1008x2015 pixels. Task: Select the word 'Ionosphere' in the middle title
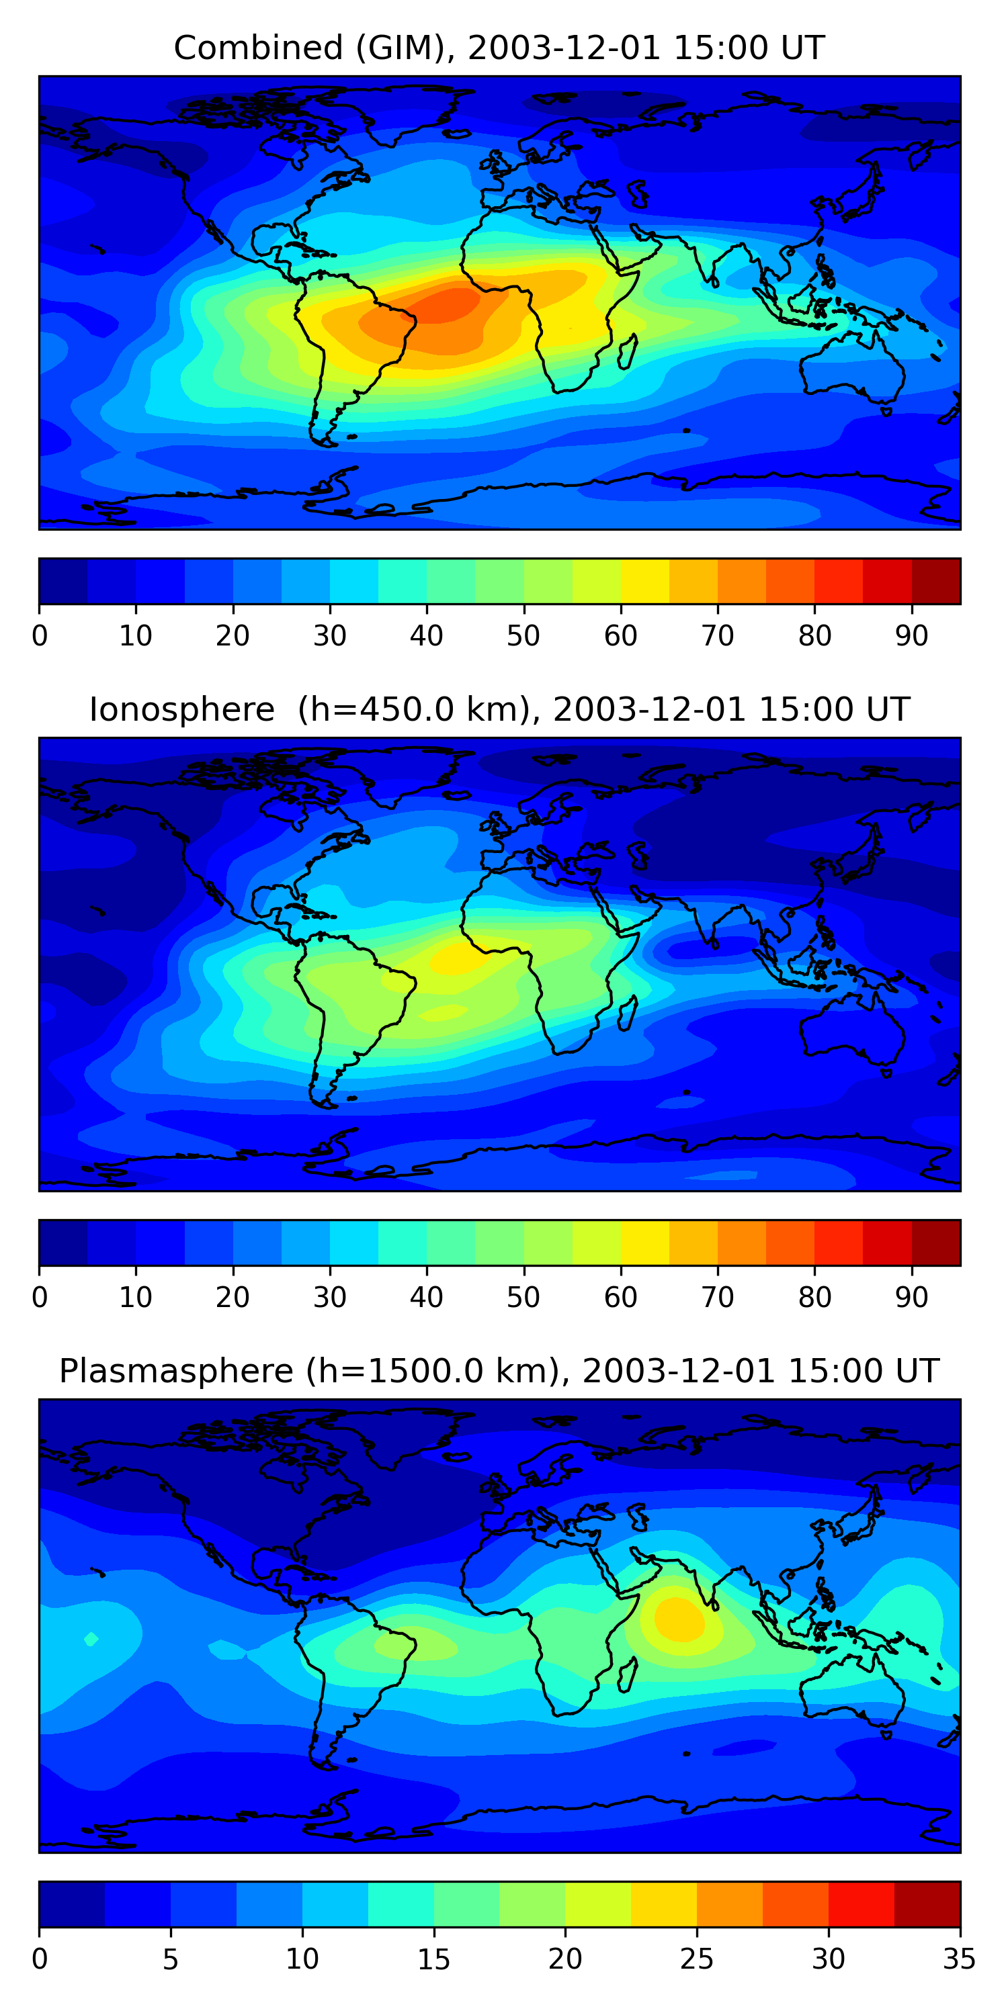point(181,709)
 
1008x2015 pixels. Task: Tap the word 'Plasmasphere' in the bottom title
point(176,1372)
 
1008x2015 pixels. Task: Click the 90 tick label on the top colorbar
point(912,636)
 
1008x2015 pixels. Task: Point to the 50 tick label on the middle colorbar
point(523,1297)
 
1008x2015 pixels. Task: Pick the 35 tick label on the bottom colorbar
point(959,1959)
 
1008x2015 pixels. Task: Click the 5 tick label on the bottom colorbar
point(171,1959)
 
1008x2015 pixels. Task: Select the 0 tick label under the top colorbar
point(40,636)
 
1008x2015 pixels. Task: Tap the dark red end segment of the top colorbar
point(936,581)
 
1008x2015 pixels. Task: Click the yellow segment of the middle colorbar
point(645,1242)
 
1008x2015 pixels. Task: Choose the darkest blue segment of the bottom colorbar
point(72,1904)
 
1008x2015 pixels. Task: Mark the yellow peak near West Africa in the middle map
point(454,958)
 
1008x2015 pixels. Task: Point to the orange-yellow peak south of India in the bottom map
point(678,1619)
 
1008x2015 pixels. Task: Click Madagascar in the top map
point(627,351)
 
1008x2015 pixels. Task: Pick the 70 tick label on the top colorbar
point(718,636)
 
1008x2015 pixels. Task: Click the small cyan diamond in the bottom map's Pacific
point(91,1639)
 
